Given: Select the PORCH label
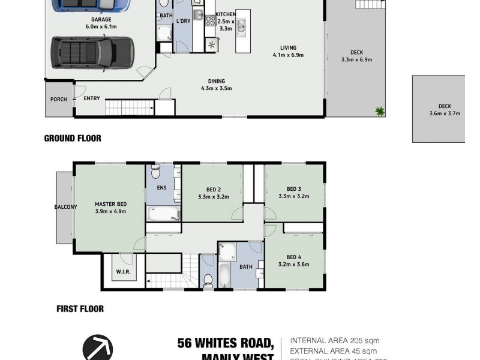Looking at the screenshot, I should click(58, 99).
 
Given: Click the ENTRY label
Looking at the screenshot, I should click(92, 98).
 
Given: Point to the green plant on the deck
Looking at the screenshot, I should click(379, 111).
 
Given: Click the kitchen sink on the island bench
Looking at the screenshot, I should click(241, 25).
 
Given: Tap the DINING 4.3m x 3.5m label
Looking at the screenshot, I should click(217, 85).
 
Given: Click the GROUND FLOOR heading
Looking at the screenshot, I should click(73, 138).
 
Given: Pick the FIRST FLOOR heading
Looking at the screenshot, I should click(80, 309).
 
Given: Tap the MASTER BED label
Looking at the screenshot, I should click(110, 207).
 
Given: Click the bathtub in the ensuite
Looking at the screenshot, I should click(163, 214).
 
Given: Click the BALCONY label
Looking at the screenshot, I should click(65, 208).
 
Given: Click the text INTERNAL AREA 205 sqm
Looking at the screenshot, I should click(334, 340).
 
